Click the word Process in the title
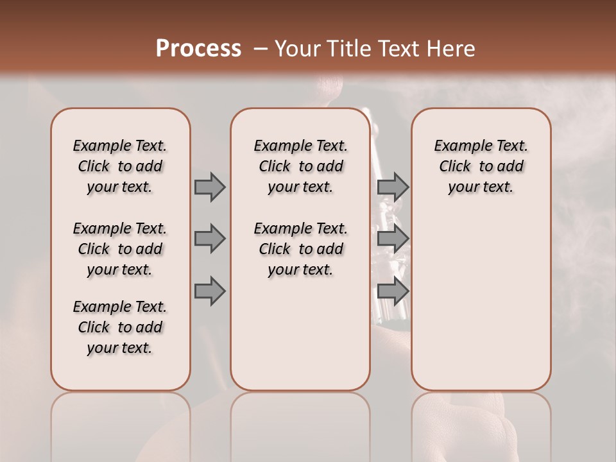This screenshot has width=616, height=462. tap(198, 49)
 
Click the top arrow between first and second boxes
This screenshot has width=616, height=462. tap(210, 187)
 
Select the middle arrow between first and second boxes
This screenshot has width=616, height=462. tap(210, 239)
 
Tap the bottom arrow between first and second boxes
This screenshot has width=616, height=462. tap(210, 291)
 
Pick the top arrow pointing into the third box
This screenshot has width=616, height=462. tap(393, 187)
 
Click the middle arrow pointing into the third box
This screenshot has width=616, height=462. tap(393, 239)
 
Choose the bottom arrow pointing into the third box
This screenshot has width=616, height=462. tap(393, 291)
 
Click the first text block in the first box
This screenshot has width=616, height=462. tap(120, 166)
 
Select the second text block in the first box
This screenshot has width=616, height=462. tap(120, 249)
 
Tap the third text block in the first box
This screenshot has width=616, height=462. tap(120, 327)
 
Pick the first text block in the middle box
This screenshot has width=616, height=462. tap(300, 166)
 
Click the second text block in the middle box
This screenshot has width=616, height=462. tap(300, 249)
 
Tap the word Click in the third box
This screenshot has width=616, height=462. tap(455, 167)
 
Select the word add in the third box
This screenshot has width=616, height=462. tap(511, 167)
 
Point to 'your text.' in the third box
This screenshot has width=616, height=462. tap(481, 187)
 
